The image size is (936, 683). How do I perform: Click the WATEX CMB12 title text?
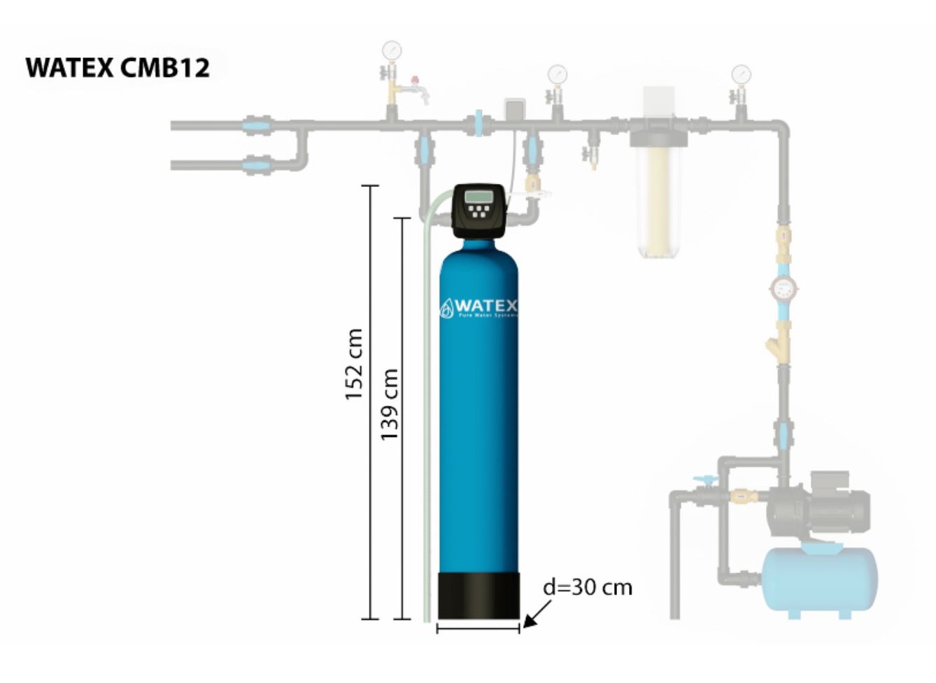click(x=118, y=68)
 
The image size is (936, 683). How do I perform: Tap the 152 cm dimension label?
click(x=354, y=364)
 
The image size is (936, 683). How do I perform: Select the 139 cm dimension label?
click(x=390, y=404)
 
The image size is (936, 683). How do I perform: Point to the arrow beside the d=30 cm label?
click(x=536, y=613)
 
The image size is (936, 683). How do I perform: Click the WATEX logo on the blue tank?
click(x=479, y=307)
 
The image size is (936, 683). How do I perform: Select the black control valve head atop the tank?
click(x=478, y=210)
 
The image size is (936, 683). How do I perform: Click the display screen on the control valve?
click(x=478, y=195)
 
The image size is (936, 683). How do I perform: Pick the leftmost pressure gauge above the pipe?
click(x=392, y=50)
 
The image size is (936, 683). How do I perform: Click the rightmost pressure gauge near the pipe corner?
click(x=741, y=73)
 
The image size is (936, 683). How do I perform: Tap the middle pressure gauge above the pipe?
click(x=557, y=73)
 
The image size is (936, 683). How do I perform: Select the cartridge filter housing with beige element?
click(x=658, y=189)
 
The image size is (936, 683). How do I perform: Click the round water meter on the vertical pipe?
click(x=783, y=288)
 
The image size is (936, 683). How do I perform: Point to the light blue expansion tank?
click(x=820, y=580)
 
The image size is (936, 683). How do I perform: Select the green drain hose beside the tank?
click(x=427, y=420)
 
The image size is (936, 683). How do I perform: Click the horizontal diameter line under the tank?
click(x=478, y=628)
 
